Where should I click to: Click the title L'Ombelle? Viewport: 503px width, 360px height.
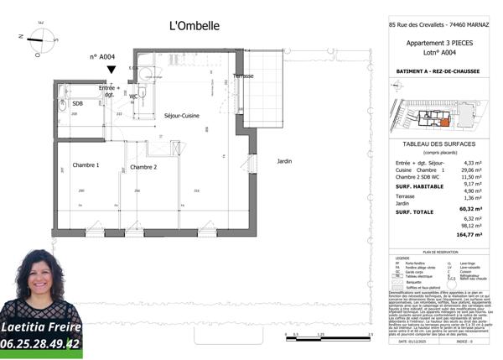(194, 26)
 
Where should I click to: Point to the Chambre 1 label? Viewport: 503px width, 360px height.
(85, 165)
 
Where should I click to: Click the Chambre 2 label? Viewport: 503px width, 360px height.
(144, 167)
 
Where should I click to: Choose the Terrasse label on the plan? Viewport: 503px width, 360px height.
(243, 76)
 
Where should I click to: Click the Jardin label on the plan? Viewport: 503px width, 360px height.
(284, 160)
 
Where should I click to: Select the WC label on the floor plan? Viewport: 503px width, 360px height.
(133, 97)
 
